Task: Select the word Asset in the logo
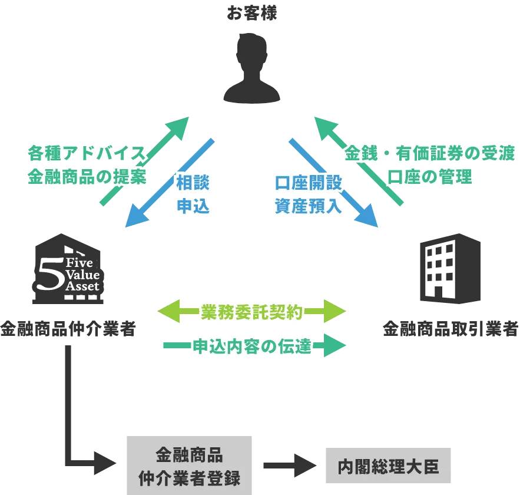[x=82, y=286]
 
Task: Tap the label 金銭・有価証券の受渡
[x=429, y=154]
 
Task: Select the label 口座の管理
[x=429, y=177]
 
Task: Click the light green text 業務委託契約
[x=251, y=312]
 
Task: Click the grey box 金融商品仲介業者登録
[x=188, y=465]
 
